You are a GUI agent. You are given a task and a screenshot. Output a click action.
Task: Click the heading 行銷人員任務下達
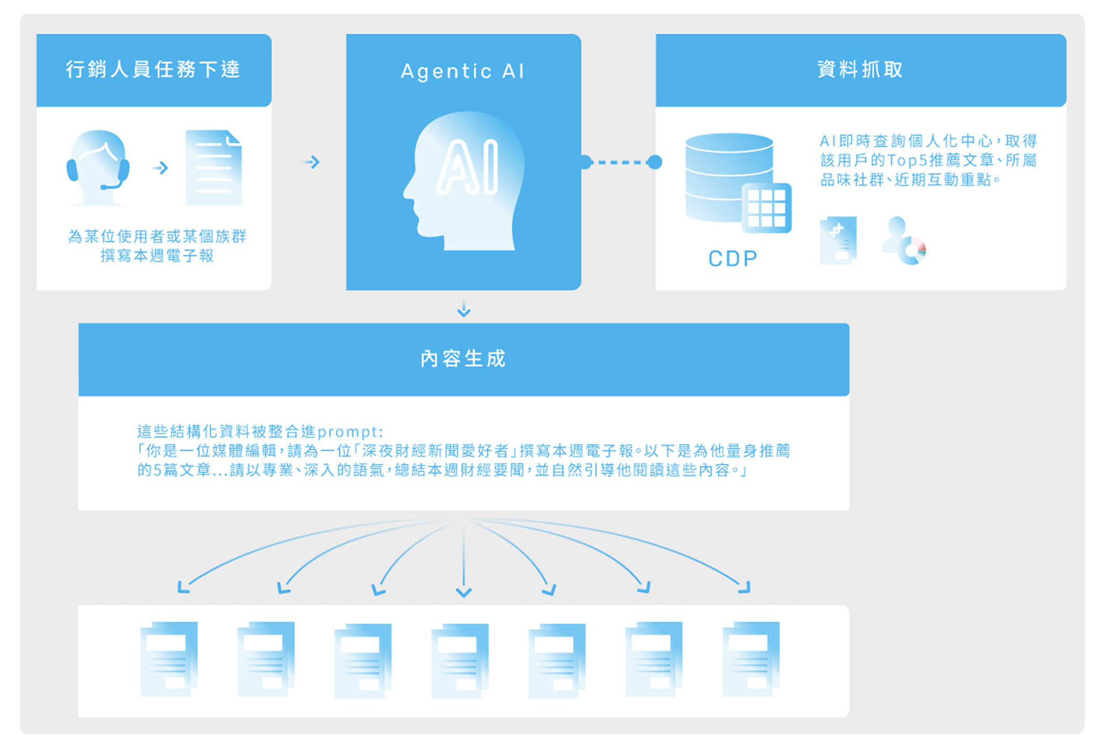153,70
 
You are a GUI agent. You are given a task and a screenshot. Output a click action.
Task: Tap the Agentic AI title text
463,71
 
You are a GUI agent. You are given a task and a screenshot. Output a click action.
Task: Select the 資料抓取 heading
860,70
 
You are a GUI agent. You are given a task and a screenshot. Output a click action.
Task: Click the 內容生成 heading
463,359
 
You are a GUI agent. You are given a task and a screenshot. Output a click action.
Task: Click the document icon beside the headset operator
214,168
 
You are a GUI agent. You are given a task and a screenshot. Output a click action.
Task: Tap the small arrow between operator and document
160,168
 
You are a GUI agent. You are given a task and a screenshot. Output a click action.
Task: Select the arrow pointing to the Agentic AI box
312,162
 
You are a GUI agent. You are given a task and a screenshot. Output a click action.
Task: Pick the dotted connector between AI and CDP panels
621,162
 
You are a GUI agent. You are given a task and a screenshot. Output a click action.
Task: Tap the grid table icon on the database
766,208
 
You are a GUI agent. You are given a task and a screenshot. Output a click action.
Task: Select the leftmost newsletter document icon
169,659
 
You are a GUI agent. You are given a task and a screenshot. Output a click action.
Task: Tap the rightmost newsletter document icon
751,659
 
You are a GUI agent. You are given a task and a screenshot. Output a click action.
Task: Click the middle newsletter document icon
460,660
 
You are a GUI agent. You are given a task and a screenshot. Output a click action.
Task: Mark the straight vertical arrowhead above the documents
463,592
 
